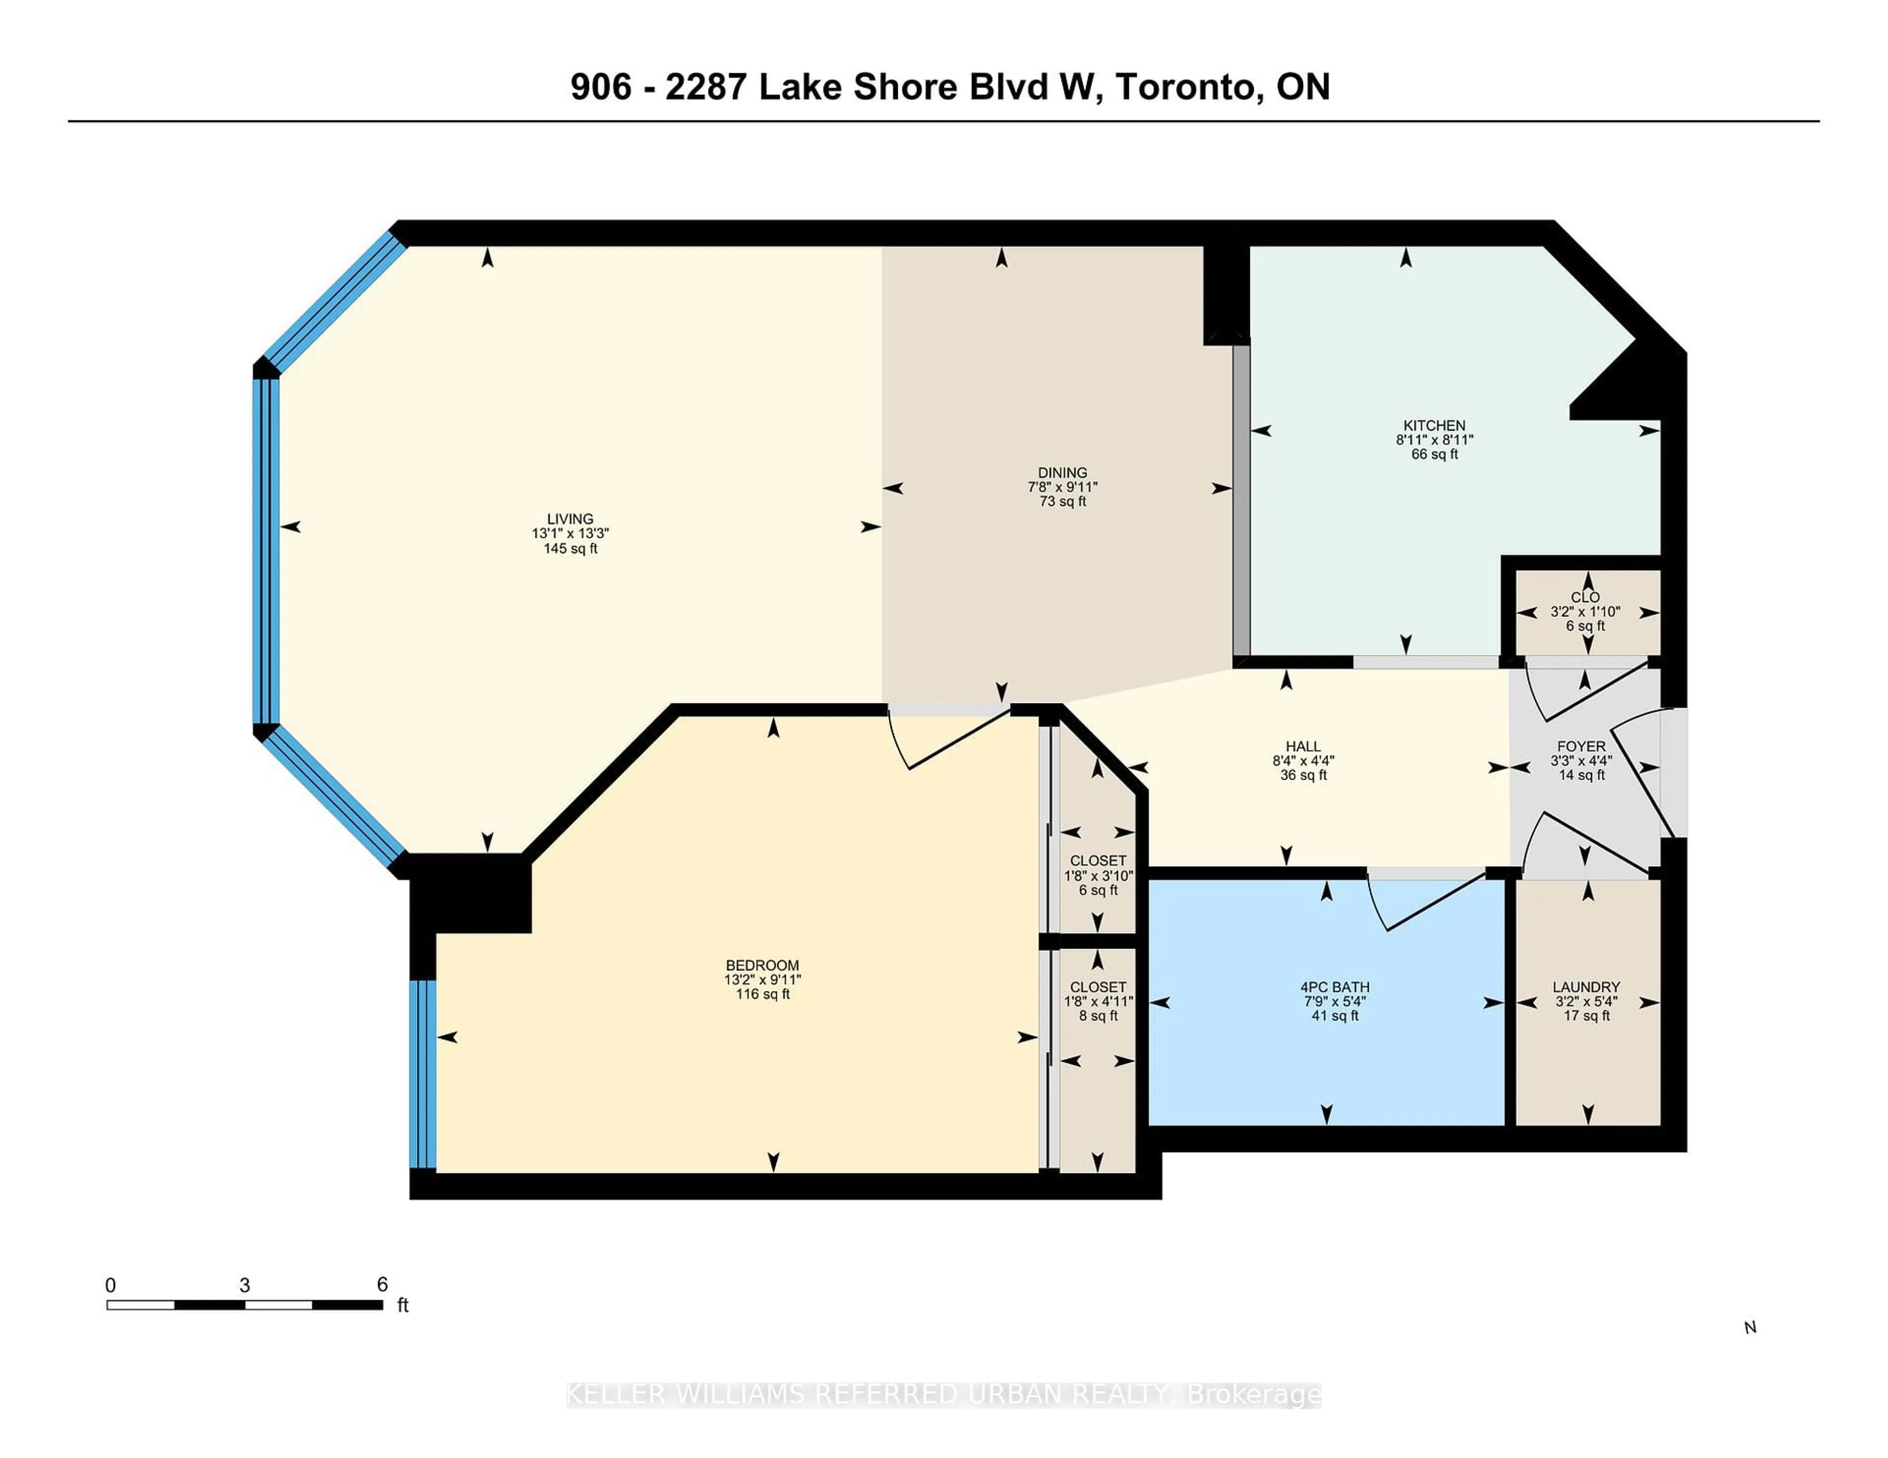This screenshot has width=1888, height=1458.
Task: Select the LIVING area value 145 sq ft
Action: click(570, 549)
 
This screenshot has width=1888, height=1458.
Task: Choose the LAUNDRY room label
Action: click(1586, 987)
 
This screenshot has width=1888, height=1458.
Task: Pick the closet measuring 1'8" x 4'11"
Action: click(1098, 1002)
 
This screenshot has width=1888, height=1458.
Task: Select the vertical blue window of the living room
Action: click(265, 552)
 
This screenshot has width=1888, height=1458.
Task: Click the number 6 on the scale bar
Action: click(382, 1284)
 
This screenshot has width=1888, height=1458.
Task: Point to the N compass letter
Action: click(1750, 1328)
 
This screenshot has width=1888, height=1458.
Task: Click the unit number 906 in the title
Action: click(601, 87)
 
